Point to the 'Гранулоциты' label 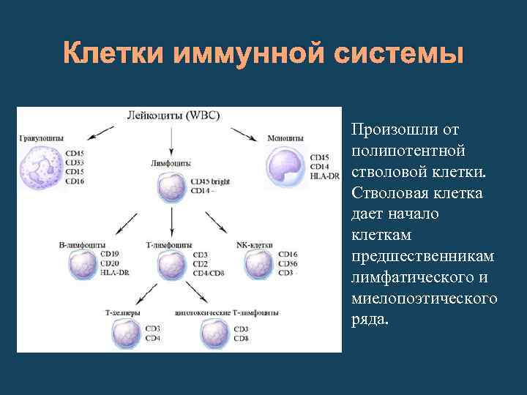tap(41, 138)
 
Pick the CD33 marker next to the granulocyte tap(75, 162)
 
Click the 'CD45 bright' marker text tap(210, 182)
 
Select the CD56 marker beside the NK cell tap(288, 263)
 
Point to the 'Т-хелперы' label tap(123, 312)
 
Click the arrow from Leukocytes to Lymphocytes tap(172, 138)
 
